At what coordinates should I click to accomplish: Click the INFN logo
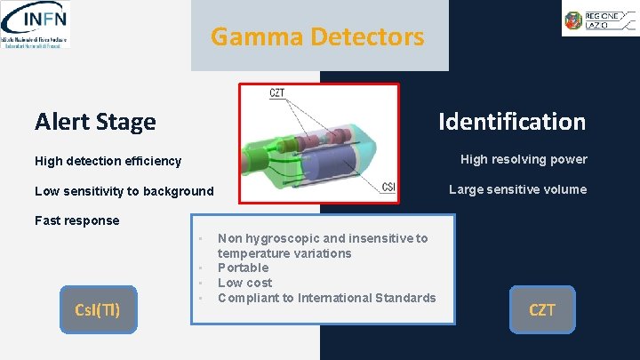point(36,24)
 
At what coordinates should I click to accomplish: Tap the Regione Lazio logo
point(598,19)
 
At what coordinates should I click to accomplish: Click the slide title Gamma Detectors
point(317,37)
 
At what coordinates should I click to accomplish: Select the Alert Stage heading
point(95,122)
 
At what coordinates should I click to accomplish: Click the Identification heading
point(511,122)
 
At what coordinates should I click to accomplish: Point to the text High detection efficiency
point(108,161)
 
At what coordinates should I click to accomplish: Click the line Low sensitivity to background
point(124,191)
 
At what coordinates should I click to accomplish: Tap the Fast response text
point(76,220)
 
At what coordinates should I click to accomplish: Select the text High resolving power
point(524,159)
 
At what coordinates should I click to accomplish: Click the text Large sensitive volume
point(517,189)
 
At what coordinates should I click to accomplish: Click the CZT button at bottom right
point(542,309)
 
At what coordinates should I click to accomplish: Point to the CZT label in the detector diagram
point(277,93)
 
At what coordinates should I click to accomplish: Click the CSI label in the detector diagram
point(388,187)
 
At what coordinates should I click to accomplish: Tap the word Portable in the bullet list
point(243,268)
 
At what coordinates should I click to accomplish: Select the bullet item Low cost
point(245,283)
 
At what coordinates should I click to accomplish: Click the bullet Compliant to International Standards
point(326,298)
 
